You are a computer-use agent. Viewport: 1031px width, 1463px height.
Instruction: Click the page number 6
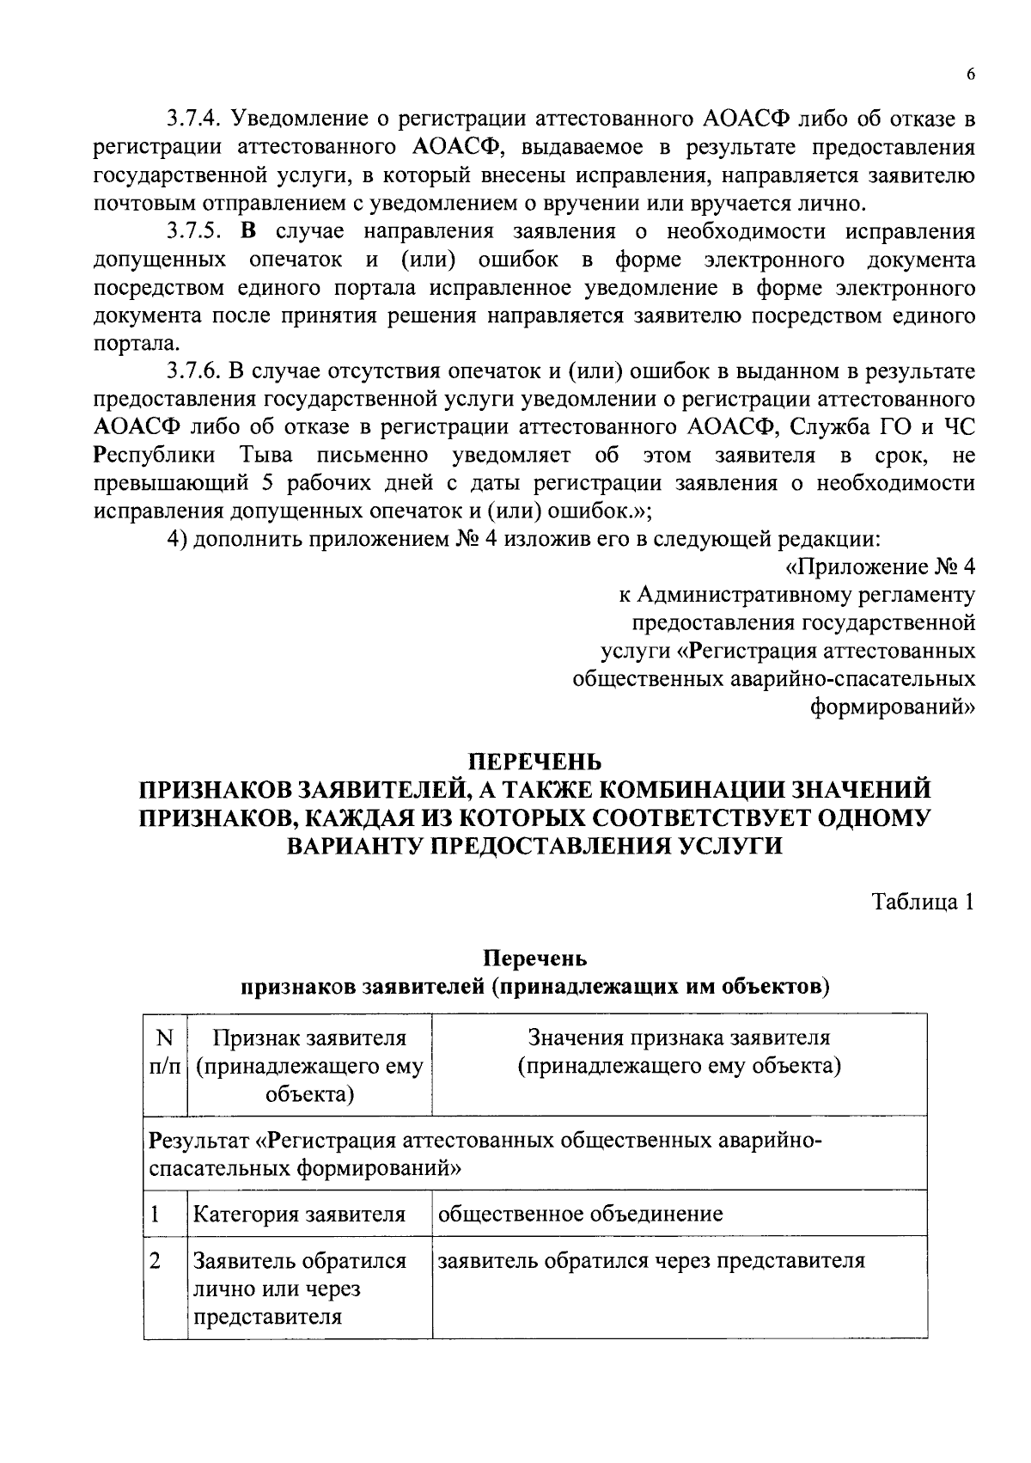[970, 75]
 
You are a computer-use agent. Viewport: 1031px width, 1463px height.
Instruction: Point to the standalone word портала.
[137, 344]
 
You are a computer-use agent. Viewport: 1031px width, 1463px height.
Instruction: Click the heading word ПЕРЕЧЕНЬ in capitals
[534, 762]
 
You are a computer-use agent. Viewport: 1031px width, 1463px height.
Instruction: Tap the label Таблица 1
[923, 903]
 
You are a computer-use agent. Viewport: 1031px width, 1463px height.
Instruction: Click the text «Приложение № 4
[880, 567]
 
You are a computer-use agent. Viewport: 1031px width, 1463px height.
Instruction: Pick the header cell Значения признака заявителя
[679, 1038]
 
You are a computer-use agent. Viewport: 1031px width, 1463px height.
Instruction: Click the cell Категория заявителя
[298, 1215]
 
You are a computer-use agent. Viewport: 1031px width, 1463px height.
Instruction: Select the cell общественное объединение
[580, 1214]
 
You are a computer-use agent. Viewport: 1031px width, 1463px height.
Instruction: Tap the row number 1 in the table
[156, 1215]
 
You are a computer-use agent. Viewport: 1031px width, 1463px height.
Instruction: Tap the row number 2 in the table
[156, 1261]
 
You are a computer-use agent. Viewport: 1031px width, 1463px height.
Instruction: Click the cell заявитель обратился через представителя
[650, 1261]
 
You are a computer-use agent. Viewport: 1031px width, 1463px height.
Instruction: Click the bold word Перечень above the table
[534, 958]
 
